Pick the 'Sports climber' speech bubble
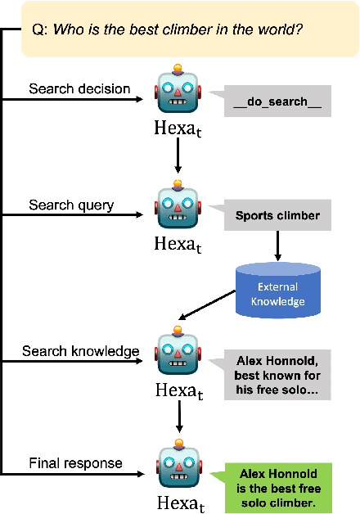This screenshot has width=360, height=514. (x=278, y=216)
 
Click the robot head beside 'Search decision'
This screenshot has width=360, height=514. (x=178, y=92)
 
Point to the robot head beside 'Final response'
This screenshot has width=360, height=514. (x=178, y=467)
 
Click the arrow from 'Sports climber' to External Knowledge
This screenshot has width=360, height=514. (x=278, y=246)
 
